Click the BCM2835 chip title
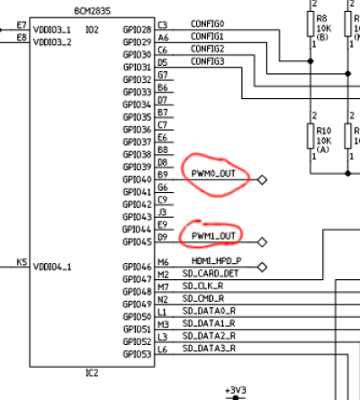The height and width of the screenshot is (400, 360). tap(92, 11)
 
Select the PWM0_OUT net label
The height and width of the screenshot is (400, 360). tap(213, 174)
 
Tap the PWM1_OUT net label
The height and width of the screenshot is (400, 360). tap(213, 236)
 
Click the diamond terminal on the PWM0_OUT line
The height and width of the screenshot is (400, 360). tap(262, 179)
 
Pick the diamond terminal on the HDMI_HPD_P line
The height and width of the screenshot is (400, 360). tap(262, 267)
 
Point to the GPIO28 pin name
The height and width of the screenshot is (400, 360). tap(137, 30)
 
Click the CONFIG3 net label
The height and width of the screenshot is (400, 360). tap(208, 61)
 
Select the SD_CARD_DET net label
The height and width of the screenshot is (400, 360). tap(211, 274)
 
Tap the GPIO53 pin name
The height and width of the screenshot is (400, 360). tap(137, 354)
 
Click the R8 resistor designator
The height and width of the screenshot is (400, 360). tap(322, 19)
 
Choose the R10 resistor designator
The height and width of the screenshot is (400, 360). tap(324, 131)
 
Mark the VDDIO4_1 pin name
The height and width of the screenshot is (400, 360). tap(52, 267)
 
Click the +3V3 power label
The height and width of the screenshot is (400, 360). tap(236, 390)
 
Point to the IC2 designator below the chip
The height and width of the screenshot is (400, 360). tap(92, 373)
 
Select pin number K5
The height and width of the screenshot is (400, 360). tap(22, 262)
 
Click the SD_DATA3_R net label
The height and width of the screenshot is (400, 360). tap(209, 349)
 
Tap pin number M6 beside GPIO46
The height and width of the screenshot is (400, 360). tap(163, 262)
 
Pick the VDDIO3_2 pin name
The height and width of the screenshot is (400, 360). tap(52, 42)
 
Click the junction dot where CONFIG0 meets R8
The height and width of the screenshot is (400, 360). tap(310, 61)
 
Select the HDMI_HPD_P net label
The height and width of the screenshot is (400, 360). tap(217, 260)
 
